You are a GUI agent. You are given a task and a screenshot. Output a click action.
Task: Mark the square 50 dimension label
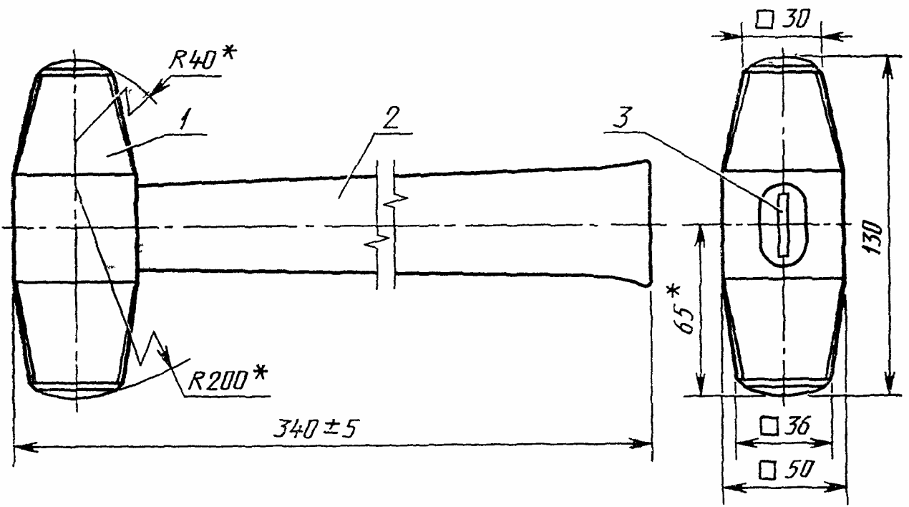point(785,470)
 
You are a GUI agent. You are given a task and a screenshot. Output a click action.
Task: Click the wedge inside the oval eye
point(784,225)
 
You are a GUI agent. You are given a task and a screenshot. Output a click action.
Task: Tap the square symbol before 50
point(768,470)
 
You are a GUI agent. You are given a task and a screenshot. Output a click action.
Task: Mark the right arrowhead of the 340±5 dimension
point(641,445)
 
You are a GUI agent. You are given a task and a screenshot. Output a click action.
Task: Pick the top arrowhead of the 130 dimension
point(888,64)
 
